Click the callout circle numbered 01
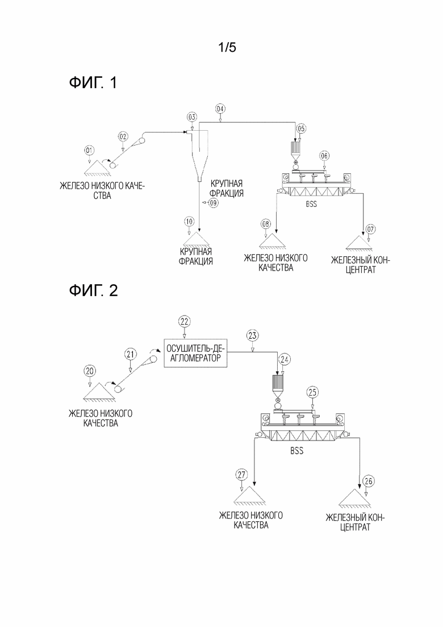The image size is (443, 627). click(89, 150)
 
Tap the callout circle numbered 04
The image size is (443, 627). click(220, 109)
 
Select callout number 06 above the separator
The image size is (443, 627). click(324, 156)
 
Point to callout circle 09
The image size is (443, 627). click(214, 203)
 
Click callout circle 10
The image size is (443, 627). click(189, 221)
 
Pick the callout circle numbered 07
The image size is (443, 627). click(370, 229)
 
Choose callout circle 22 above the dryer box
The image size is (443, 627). click(184, 321)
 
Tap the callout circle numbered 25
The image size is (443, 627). click(312, 392)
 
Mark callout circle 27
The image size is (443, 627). click(242, 475)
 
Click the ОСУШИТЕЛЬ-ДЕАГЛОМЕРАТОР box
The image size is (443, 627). click(195, 353)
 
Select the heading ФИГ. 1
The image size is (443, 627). click(93, 83)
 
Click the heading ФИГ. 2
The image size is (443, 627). click(94, 290)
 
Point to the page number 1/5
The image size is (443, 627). click(227, 48)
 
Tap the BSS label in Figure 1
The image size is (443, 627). click(311, 204)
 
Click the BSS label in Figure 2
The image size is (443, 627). click(297, 451)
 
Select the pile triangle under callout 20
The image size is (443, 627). click(99, 392)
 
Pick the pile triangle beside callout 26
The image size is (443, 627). click(354, 498)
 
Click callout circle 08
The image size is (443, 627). click(266, 224)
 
